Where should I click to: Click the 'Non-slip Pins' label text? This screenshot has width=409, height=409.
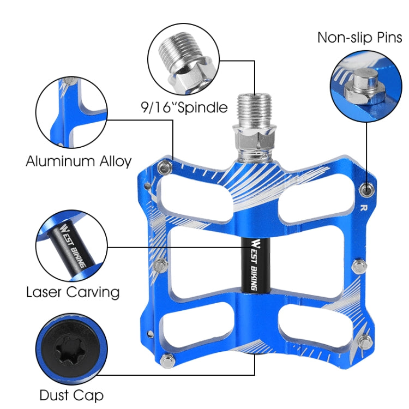[359, 38]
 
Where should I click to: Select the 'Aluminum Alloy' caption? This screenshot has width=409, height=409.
[79, 161]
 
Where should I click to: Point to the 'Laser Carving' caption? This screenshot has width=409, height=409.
[73, 292]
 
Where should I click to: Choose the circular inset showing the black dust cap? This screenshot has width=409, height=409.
[70, 350]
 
